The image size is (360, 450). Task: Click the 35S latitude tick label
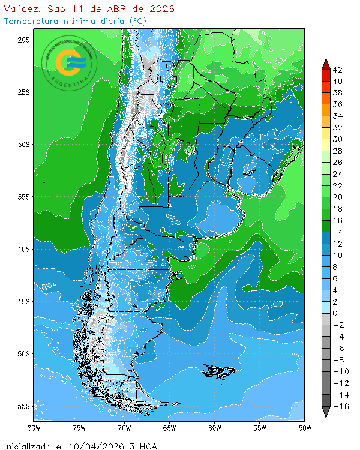click(23, 197)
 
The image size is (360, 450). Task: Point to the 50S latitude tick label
click(23, 354)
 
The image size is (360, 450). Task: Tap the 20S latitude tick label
click(23, 40)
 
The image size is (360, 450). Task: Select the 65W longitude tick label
click(169, 428)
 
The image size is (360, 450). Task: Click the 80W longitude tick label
click(34, 428)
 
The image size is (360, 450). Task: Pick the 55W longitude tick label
click(260, 428)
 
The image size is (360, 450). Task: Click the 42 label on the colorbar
click(337, 70)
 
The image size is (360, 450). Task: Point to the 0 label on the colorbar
click(335, 314)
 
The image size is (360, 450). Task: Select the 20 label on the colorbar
click(337, 197)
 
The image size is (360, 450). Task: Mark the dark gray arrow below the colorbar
click(325, 412)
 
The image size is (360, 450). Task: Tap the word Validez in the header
click(21, 9)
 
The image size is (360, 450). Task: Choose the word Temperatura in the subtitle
click(31, 21)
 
